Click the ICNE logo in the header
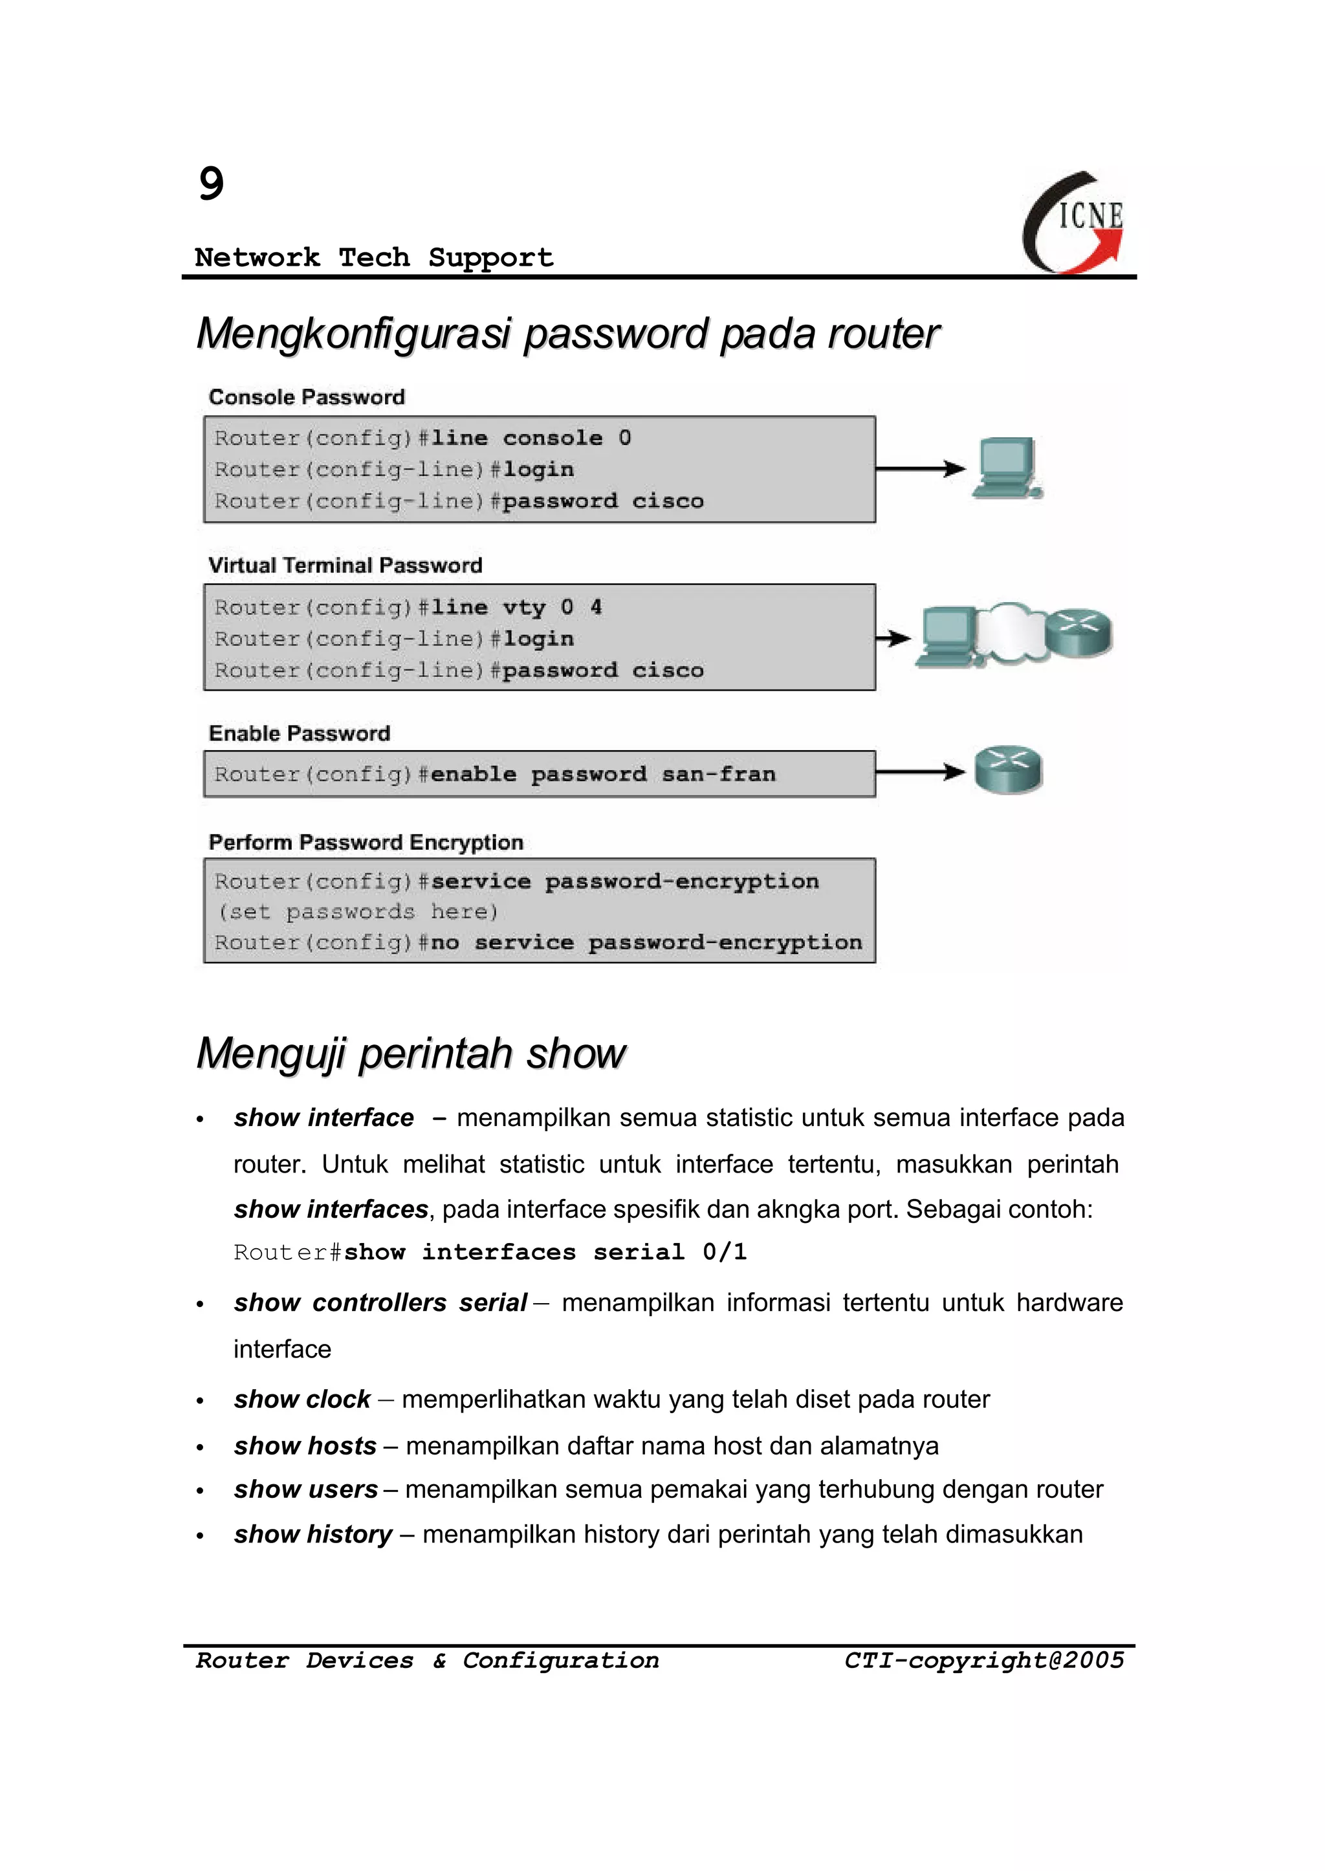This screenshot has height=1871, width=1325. tap(1074, 222)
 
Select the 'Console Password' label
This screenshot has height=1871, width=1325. tap(307, 397)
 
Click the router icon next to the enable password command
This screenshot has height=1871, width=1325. tap(1009, 769)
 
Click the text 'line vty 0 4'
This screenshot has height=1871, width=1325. tap(516, 608)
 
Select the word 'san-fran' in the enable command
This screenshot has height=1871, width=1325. tap(719, 774)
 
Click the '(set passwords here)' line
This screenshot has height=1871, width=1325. tap(357, 912)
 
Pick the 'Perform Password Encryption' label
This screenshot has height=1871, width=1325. tap(366, 843)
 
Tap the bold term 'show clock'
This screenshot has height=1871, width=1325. tap(302, 1400)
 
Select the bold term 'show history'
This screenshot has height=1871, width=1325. tap(312, 1534)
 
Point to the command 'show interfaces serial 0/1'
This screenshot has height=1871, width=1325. tap(545, 1253)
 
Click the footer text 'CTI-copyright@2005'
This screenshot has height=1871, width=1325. tap(984, 1661)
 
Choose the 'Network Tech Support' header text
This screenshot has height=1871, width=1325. tap(374, 258)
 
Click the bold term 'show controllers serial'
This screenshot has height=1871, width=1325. tap(380, 1303)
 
